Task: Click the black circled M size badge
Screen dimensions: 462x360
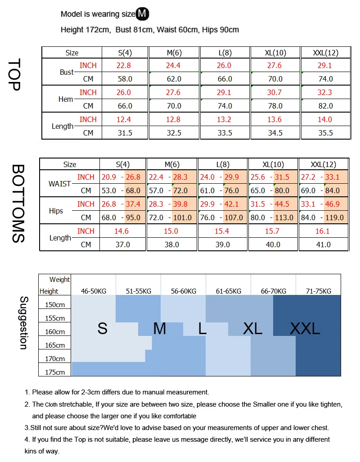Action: (142, 14)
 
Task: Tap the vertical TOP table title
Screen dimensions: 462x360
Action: (15, 74)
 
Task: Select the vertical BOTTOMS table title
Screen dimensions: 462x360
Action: (18, 204)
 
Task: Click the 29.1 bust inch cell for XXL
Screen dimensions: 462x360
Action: (325, 65)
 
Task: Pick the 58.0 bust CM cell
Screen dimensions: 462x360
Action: (125, 79)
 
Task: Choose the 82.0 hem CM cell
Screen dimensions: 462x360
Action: (325, 106)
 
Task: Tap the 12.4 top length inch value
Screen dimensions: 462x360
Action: (124, 119)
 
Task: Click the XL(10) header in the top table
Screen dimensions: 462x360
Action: (275, 53)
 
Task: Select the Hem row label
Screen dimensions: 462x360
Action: (66, 99)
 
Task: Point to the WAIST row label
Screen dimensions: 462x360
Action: (59, 184)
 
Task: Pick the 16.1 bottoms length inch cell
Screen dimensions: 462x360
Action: (323, 231)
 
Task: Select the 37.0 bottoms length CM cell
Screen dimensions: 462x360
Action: (122, 245)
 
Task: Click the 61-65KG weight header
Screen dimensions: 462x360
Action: (229, 291)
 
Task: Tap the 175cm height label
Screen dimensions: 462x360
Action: (54, 372)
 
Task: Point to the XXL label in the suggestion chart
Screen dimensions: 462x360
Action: (305, 329)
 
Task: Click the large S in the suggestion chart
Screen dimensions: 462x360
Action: (103, 329)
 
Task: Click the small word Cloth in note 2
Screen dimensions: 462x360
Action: (52, 405)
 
